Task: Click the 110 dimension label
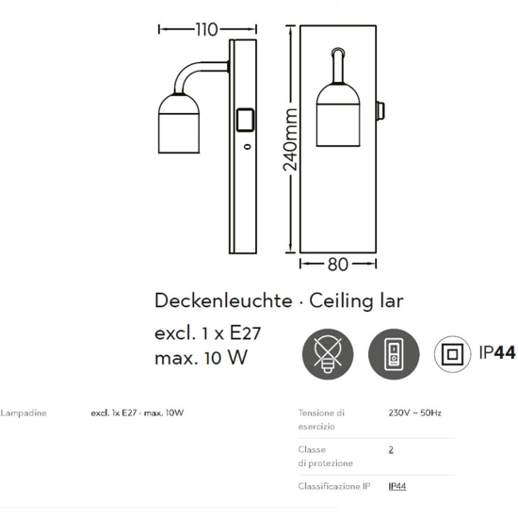(x=207, y=30)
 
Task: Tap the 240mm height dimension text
(x=290, y=139)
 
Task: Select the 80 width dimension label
(x=338, y=265)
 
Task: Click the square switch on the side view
(x=246, y=120)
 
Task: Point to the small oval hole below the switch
(x=247, y=146)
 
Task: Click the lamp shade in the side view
(x=179, y=123)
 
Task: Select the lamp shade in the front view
(x=338, y=115)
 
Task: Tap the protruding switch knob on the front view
(x=380, y=111)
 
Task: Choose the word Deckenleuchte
(x=223, y=301)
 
